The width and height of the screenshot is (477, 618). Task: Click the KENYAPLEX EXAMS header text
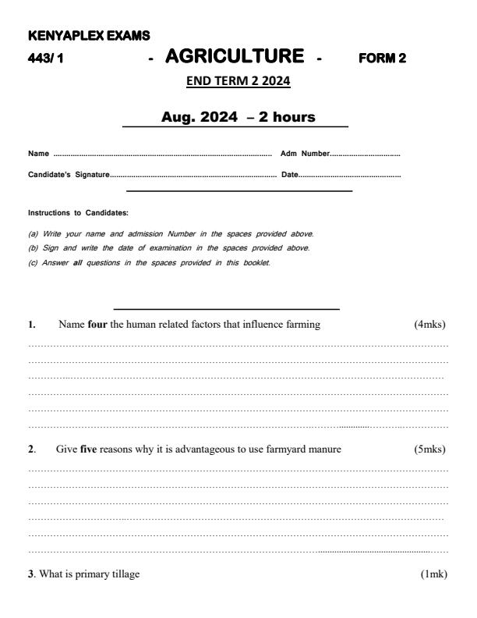pos(89,36)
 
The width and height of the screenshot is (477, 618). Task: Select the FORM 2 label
pos(383,58)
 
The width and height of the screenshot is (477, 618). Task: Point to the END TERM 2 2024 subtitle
pos(238,81)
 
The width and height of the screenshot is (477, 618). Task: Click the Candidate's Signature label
pos(69,174)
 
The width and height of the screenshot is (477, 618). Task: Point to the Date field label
pos(288,174)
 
